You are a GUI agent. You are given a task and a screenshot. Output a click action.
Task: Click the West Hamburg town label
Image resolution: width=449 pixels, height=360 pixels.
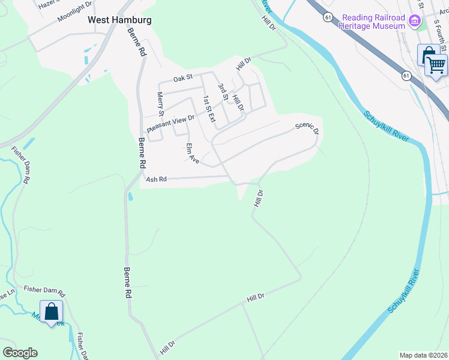[119, 20]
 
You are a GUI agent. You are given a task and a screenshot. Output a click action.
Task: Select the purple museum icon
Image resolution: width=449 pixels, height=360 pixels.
[414, 22]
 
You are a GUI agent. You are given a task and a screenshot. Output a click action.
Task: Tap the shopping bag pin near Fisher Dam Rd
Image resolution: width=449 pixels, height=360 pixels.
[52, 311]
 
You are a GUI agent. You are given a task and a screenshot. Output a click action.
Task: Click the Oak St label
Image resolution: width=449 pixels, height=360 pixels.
[182, 78]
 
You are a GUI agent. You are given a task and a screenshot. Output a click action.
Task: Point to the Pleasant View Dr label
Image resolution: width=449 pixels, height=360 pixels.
[171, 124]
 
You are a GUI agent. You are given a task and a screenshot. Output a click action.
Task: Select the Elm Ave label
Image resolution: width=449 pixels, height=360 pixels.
[192, 153]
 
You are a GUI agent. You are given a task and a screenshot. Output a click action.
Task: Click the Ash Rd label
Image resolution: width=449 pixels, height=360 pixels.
[155, 179]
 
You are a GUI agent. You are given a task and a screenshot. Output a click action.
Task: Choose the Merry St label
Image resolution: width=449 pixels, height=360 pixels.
[160, 104]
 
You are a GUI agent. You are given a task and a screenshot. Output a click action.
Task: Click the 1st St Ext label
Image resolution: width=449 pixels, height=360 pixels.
[208, 109]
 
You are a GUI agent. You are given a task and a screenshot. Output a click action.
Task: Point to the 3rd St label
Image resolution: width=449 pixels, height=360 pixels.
[222, 92]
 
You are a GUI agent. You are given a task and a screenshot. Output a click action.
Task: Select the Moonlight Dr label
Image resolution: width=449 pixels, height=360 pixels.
[74, 11]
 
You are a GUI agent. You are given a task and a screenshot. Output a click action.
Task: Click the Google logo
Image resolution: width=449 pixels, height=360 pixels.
[20, 353]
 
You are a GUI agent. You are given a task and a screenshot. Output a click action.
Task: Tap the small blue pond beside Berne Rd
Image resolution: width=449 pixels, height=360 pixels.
[130, 196]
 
